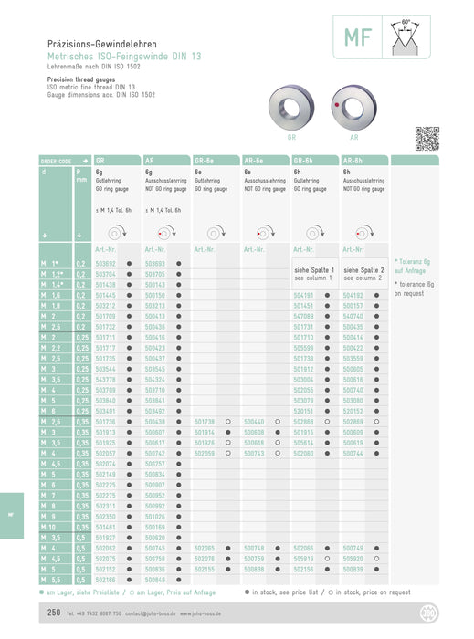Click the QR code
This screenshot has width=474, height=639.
click(x=427, y=139)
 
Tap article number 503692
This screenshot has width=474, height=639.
click(x=106, y=263)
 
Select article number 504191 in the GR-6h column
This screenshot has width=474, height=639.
click(x=303, y=296)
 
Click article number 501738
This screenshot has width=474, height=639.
click(x=205, y=422)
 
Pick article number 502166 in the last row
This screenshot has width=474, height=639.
click(x=106, y=579)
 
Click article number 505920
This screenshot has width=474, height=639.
click(x=353, y=558)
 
